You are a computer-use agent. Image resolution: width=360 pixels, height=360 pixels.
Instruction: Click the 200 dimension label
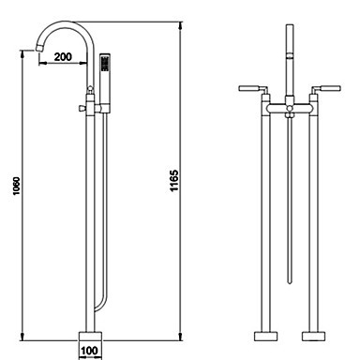(63, 57)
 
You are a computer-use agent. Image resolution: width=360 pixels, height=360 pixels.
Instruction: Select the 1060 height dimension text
(16, 187)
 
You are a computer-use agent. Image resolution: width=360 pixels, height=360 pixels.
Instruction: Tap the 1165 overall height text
(173, 181)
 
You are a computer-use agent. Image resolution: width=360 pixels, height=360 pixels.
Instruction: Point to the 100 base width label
(89, 351)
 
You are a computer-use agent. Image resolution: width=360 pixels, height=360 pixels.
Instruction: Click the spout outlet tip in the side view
(39, 48)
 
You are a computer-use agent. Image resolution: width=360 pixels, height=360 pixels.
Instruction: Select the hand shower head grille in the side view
(105, 64)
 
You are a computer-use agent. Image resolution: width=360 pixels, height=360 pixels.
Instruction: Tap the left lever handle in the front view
(252, 89)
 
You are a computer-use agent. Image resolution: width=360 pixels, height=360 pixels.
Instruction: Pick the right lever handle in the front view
(326, 88)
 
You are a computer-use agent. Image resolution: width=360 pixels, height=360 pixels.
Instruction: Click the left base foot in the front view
(266, 336)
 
